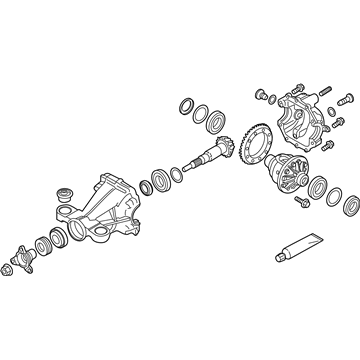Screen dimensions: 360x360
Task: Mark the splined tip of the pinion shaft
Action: (191, 163)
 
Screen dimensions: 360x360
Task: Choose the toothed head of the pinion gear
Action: (224, 147)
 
